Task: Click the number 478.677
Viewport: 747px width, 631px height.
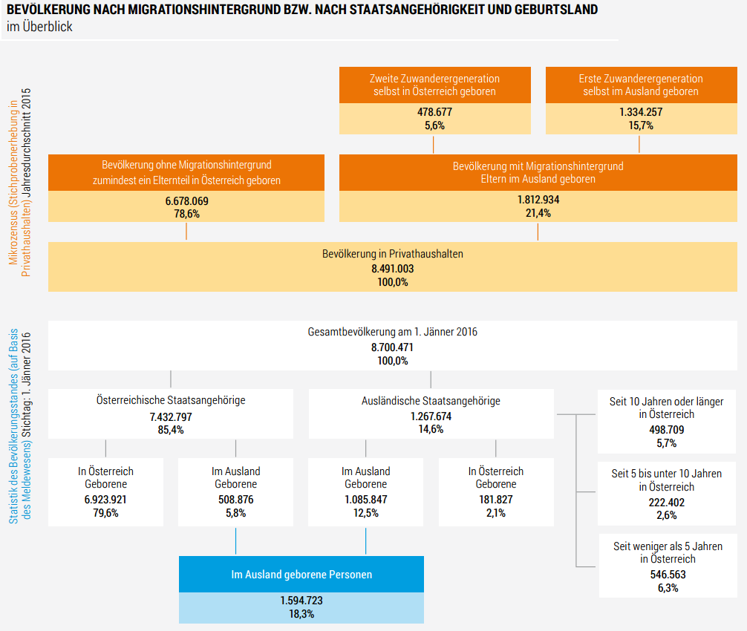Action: pyautogui.click(x=434, y=112)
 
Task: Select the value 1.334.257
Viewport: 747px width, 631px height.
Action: pyautogui.click(x=640, y=112)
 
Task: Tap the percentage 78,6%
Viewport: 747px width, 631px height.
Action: pyautogui.click(x=186, y=214)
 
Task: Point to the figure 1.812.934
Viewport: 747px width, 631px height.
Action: pyautogui.click(x=538, y=200)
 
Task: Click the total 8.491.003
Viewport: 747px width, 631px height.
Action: pyautogui.click(x=393, y=269)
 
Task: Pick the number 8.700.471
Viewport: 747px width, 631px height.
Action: pyautogui.click(x=393, y=347)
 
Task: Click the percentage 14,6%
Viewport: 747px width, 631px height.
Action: pyautogui.click(x=431, y=429)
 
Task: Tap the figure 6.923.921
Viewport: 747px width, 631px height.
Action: pyautogui.click(x=105, y=500)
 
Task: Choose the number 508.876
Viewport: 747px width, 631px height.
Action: pyautogui.click(x=235, y=500)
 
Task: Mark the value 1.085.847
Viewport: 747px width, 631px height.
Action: pyautogui.click(x=365, y=500)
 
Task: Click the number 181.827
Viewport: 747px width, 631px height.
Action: pyautogui.click(x=495, y=500)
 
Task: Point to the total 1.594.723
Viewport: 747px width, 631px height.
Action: pyautogui.click(x=301, y=601)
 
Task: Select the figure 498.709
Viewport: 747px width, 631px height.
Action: pyautogui.click(x=666, y=429)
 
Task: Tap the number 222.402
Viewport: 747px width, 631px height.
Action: pyautogui.click(x=666, y=502)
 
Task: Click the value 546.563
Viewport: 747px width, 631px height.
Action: pyautogui.click(x=666, y=574)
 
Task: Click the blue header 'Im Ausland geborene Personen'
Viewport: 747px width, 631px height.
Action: pyautogui.click(x=301, y=575)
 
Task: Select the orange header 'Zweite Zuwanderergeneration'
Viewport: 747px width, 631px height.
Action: pyautogui.click(x=434, y=79)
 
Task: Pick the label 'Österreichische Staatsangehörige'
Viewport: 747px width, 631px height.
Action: pyautogui.click(x=170, y=400)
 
